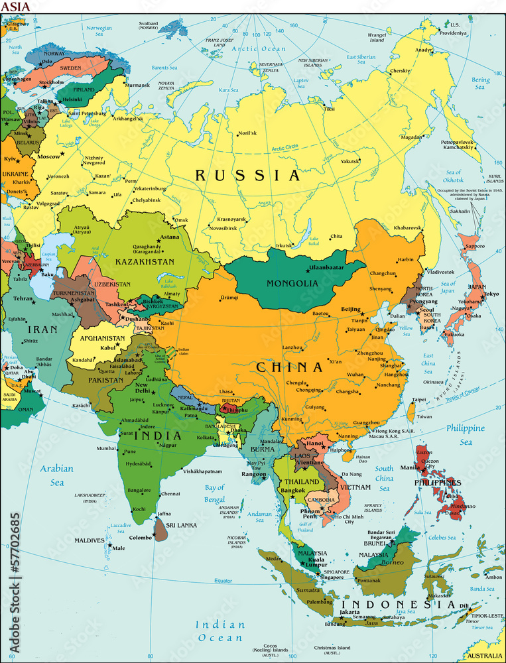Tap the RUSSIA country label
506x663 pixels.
[247, 176]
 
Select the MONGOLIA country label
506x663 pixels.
[292, 283]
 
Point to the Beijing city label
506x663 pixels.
[350, 309]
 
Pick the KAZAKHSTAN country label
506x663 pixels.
[145, 262]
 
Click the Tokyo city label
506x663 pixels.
[491, 294]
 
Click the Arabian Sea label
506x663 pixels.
[56, 475]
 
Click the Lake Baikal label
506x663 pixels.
[313, 241]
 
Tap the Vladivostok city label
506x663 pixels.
[440, 272]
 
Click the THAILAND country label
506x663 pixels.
[302, 481]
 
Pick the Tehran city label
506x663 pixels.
[23, 299]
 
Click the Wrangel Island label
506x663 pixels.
[377, 37]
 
